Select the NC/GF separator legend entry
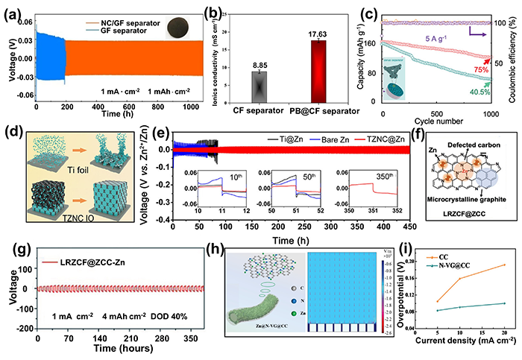(120, 22)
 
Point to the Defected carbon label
(477, 143)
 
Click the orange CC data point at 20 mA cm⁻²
(505, 265)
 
